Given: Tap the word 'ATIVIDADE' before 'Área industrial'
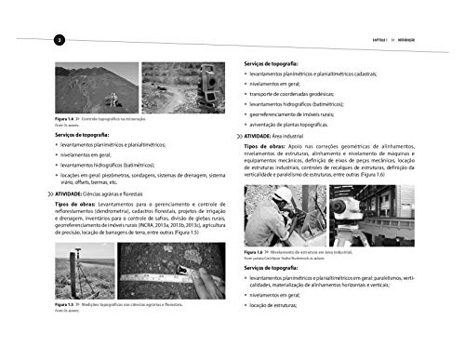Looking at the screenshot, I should (x=264, y=137).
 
